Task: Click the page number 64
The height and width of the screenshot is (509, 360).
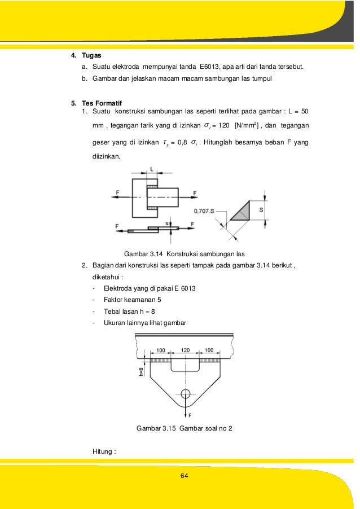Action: [183, 477]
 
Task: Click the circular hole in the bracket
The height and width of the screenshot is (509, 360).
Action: [185, 393]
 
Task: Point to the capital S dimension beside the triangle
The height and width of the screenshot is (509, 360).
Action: [261, 209]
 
